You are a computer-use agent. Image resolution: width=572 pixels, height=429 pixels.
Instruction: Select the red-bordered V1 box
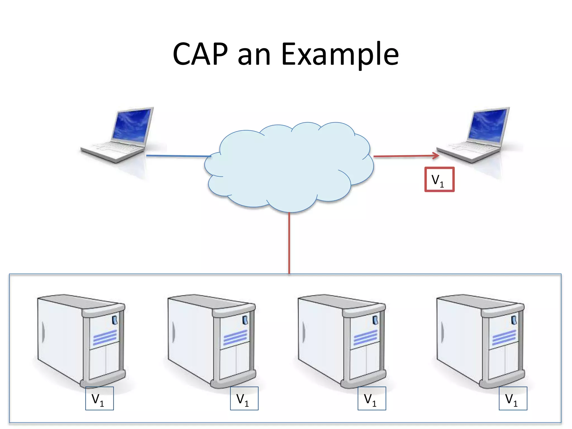pos(439,180)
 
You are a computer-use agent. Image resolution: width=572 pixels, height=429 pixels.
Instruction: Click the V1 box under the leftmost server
pos(99,399)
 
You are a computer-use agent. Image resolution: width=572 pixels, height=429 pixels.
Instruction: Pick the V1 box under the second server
pos(244,399)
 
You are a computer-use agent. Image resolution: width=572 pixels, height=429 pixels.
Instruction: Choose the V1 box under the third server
pos(372,399)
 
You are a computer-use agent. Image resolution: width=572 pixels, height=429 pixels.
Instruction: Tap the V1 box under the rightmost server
pos(513,399)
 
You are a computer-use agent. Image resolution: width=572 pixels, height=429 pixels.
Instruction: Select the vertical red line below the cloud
pos(289,243)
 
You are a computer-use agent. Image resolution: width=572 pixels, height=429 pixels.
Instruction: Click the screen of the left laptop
pos(131,124)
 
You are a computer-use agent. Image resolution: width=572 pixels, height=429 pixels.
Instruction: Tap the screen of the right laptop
pos(487,124)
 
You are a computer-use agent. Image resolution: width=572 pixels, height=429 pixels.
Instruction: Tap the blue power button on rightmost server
pos(514,320)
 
